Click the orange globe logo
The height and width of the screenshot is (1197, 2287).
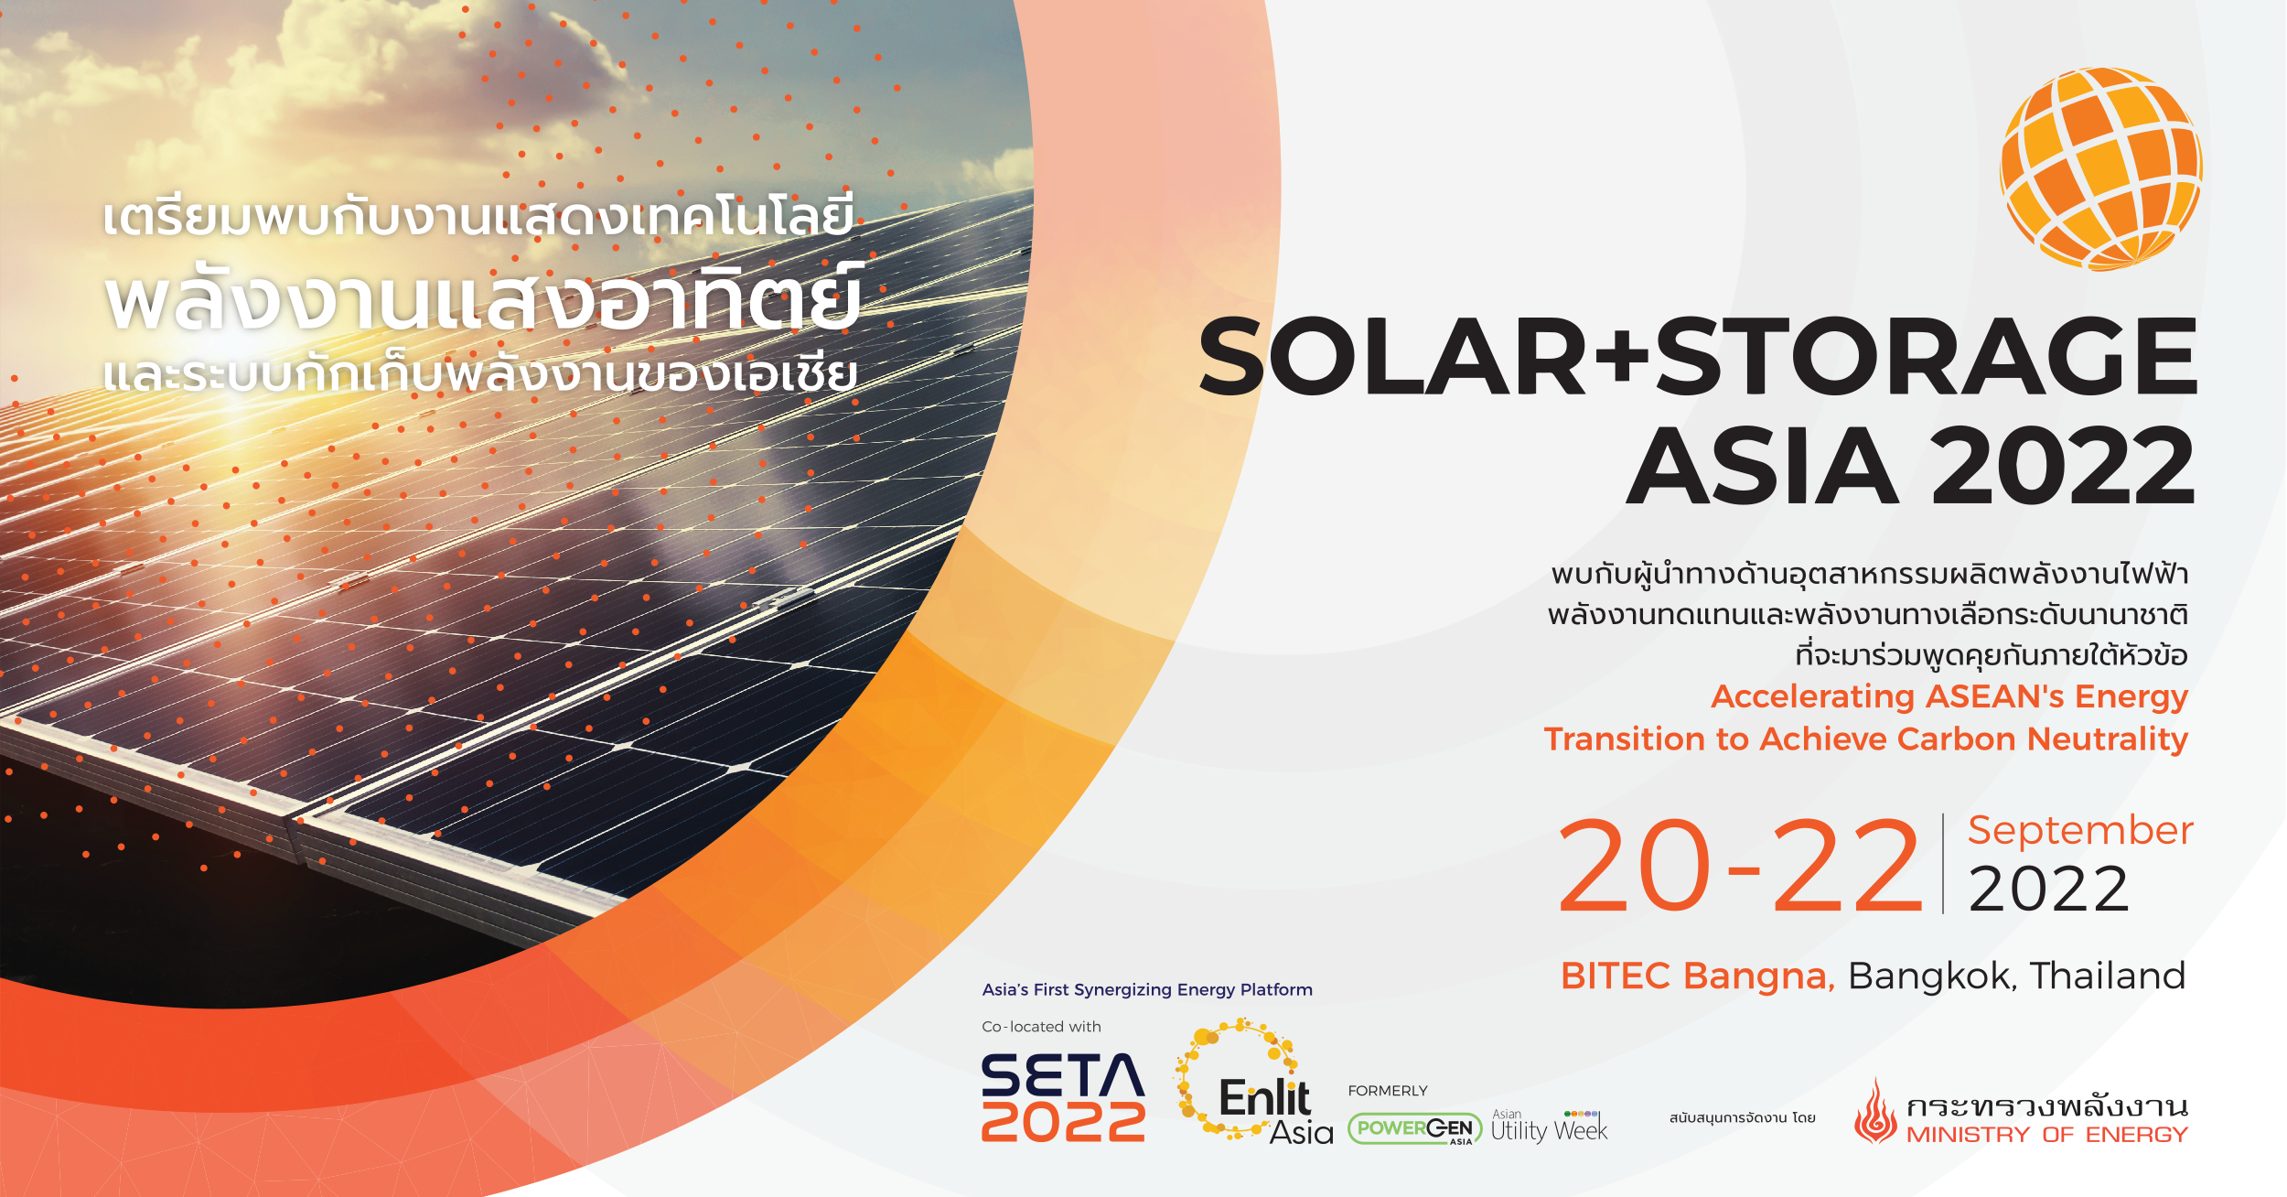coord(2100,168)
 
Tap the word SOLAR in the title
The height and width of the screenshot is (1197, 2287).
coord(1392,356)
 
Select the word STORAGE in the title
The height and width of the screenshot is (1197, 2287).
coord(1927,356)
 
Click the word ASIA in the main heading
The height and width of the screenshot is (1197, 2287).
coord(1762,466)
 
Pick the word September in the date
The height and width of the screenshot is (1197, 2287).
coord(2080,831)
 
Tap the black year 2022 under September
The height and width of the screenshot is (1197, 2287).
coord(2049,890)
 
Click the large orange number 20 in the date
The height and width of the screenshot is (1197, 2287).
coord(1635,866)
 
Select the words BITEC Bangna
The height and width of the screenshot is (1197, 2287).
coord(1698,976)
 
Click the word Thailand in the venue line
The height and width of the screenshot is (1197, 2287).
coord(2108,976)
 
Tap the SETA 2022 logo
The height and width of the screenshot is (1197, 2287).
coord(1063,1097)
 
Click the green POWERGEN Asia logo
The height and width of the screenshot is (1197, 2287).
coord(1415,1129)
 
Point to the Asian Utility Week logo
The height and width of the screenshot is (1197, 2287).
coord(1549,1127)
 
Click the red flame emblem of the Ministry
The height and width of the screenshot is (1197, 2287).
coord(1875,1111)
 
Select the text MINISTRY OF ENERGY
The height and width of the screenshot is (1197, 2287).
coord(2047,1135)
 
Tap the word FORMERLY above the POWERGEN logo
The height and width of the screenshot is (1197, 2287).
coord(1388,1091)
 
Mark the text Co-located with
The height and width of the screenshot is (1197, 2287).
coord(1041,1027)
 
